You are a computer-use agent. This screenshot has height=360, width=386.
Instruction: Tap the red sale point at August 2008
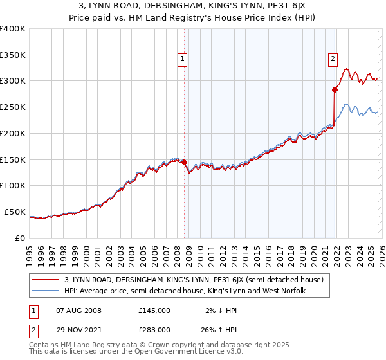184,162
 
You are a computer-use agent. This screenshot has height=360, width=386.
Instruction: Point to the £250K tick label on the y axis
13,107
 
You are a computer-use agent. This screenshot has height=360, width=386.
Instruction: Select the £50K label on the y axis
15,212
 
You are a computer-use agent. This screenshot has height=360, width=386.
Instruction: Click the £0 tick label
21,238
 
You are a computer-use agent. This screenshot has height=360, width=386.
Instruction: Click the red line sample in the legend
46,280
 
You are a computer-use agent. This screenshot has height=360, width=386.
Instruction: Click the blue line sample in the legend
46,291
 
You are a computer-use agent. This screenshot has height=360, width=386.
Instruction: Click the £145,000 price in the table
154,310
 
